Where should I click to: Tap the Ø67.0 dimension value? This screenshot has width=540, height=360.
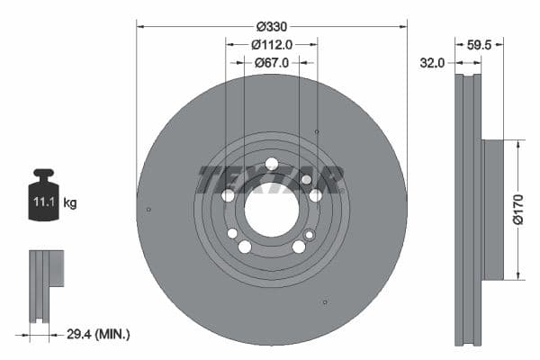tap(271, 63)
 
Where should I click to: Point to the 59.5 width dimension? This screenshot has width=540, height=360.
tap(480, 43)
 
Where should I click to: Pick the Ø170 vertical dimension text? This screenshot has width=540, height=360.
tap(518, 209)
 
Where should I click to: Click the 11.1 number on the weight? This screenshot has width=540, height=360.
tap(45, 203)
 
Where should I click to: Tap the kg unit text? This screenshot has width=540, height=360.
tap(70, 203)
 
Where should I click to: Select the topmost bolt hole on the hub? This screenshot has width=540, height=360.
tap(272, 164)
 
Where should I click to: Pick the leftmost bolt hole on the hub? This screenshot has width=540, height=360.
tap(228, 196)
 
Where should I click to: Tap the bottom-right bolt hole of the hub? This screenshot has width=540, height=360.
tap(299, 247)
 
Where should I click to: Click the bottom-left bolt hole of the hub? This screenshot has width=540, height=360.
tap(245, 247)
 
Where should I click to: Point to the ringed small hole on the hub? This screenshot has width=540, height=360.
tap(310, 235)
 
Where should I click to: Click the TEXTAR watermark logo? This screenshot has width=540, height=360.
tap(270, 179)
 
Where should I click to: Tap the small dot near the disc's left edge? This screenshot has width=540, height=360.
tap(148, 210)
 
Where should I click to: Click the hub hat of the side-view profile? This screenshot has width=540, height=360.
tap(493, 209)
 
